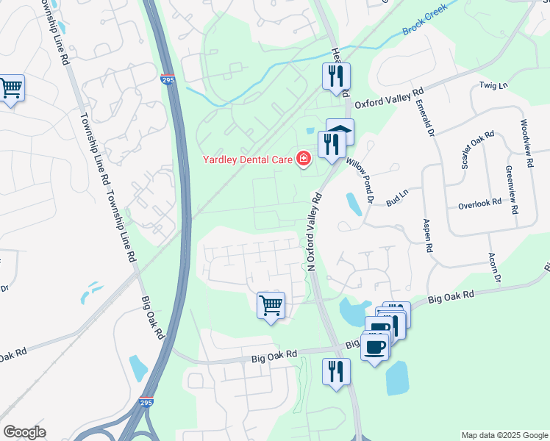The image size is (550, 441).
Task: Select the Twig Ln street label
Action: point(493,86)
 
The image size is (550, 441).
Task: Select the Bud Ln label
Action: point(396,198)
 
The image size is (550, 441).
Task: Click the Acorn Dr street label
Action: point(493,268)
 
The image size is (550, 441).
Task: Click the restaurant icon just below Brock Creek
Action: point(336,75)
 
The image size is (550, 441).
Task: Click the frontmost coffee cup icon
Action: point(375,346)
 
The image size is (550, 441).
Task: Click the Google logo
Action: point(24,432)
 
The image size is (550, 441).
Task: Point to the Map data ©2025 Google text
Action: point(504,435)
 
